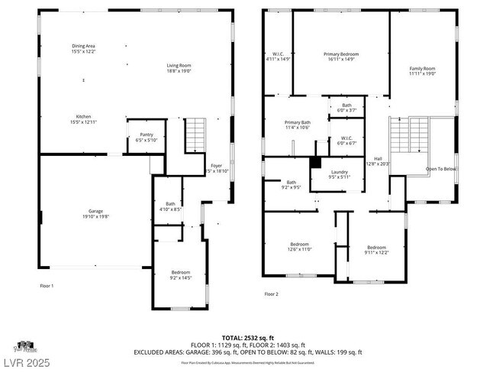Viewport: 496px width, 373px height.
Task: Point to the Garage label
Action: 95,213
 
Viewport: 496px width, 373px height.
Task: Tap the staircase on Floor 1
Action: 196,135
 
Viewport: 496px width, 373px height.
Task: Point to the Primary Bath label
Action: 297,125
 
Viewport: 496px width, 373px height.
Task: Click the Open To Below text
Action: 440,169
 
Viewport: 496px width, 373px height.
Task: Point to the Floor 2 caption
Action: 272,294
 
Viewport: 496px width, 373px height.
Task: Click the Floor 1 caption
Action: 47,285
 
